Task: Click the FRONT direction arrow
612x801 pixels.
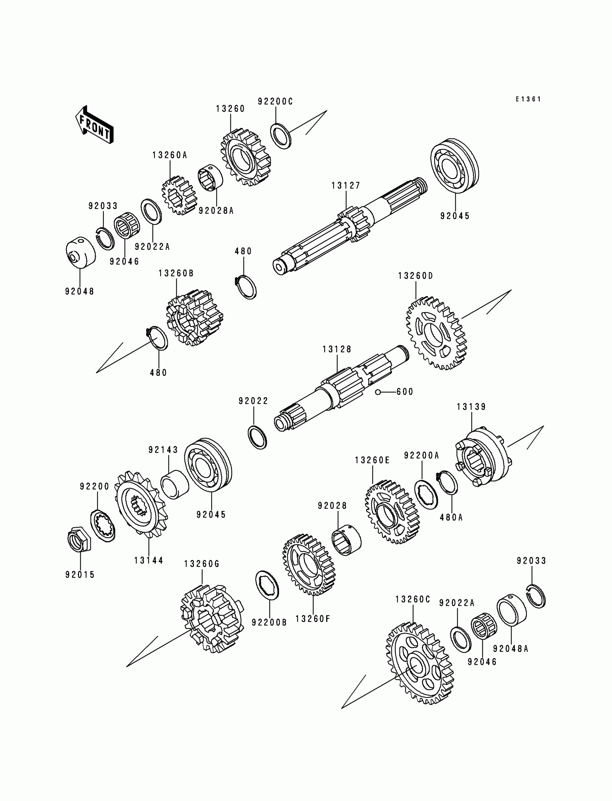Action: pos(94,125)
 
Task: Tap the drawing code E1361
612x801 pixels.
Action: pos(528,99)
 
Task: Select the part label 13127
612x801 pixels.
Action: pos(345,186)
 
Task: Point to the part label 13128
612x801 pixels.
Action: pos(337,349)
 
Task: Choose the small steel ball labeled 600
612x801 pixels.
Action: pos(378,392)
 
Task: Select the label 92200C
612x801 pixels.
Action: pos(275,102)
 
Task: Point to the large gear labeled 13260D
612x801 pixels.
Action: pos(436,333)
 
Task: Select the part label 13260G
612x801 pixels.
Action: pos(202,564)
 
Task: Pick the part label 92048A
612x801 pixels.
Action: pos(510,649)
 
